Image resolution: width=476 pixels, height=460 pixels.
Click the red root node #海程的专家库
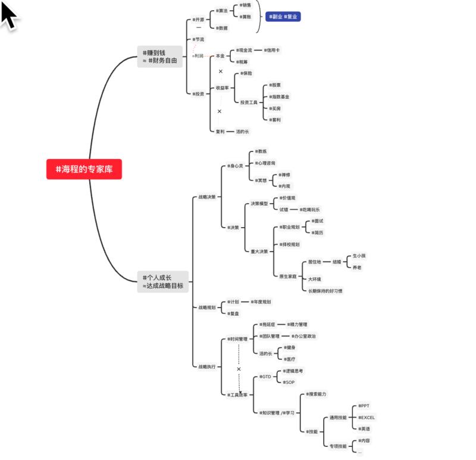point(84,169)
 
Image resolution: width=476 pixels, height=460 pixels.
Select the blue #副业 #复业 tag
point(283,17)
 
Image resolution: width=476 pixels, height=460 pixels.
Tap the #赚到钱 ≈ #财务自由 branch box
point(159,57)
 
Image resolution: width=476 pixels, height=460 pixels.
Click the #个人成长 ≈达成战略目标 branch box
point(163,281)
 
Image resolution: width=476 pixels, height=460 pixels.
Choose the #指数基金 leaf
point(279,97)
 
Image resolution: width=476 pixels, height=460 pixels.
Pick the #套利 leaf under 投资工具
point(275,120)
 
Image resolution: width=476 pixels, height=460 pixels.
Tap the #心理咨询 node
point(265,163)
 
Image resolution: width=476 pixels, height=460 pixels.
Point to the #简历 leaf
point(317,232)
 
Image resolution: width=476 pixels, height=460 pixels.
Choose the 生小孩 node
point(359,256)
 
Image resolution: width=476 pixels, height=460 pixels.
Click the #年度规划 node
point(260,302)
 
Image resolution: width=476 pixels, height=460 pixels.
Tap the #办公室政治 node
point(304,336)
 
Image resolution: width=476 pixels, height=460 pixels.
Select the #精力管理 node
point(297,325)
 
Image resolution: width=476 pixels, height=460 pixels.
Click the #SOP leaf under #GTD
point(289,382)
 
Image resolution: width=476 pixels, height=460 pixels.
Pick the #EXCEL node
point(367,417)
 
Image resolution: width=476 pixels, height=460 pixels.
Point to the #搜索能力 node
point(316,394)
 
